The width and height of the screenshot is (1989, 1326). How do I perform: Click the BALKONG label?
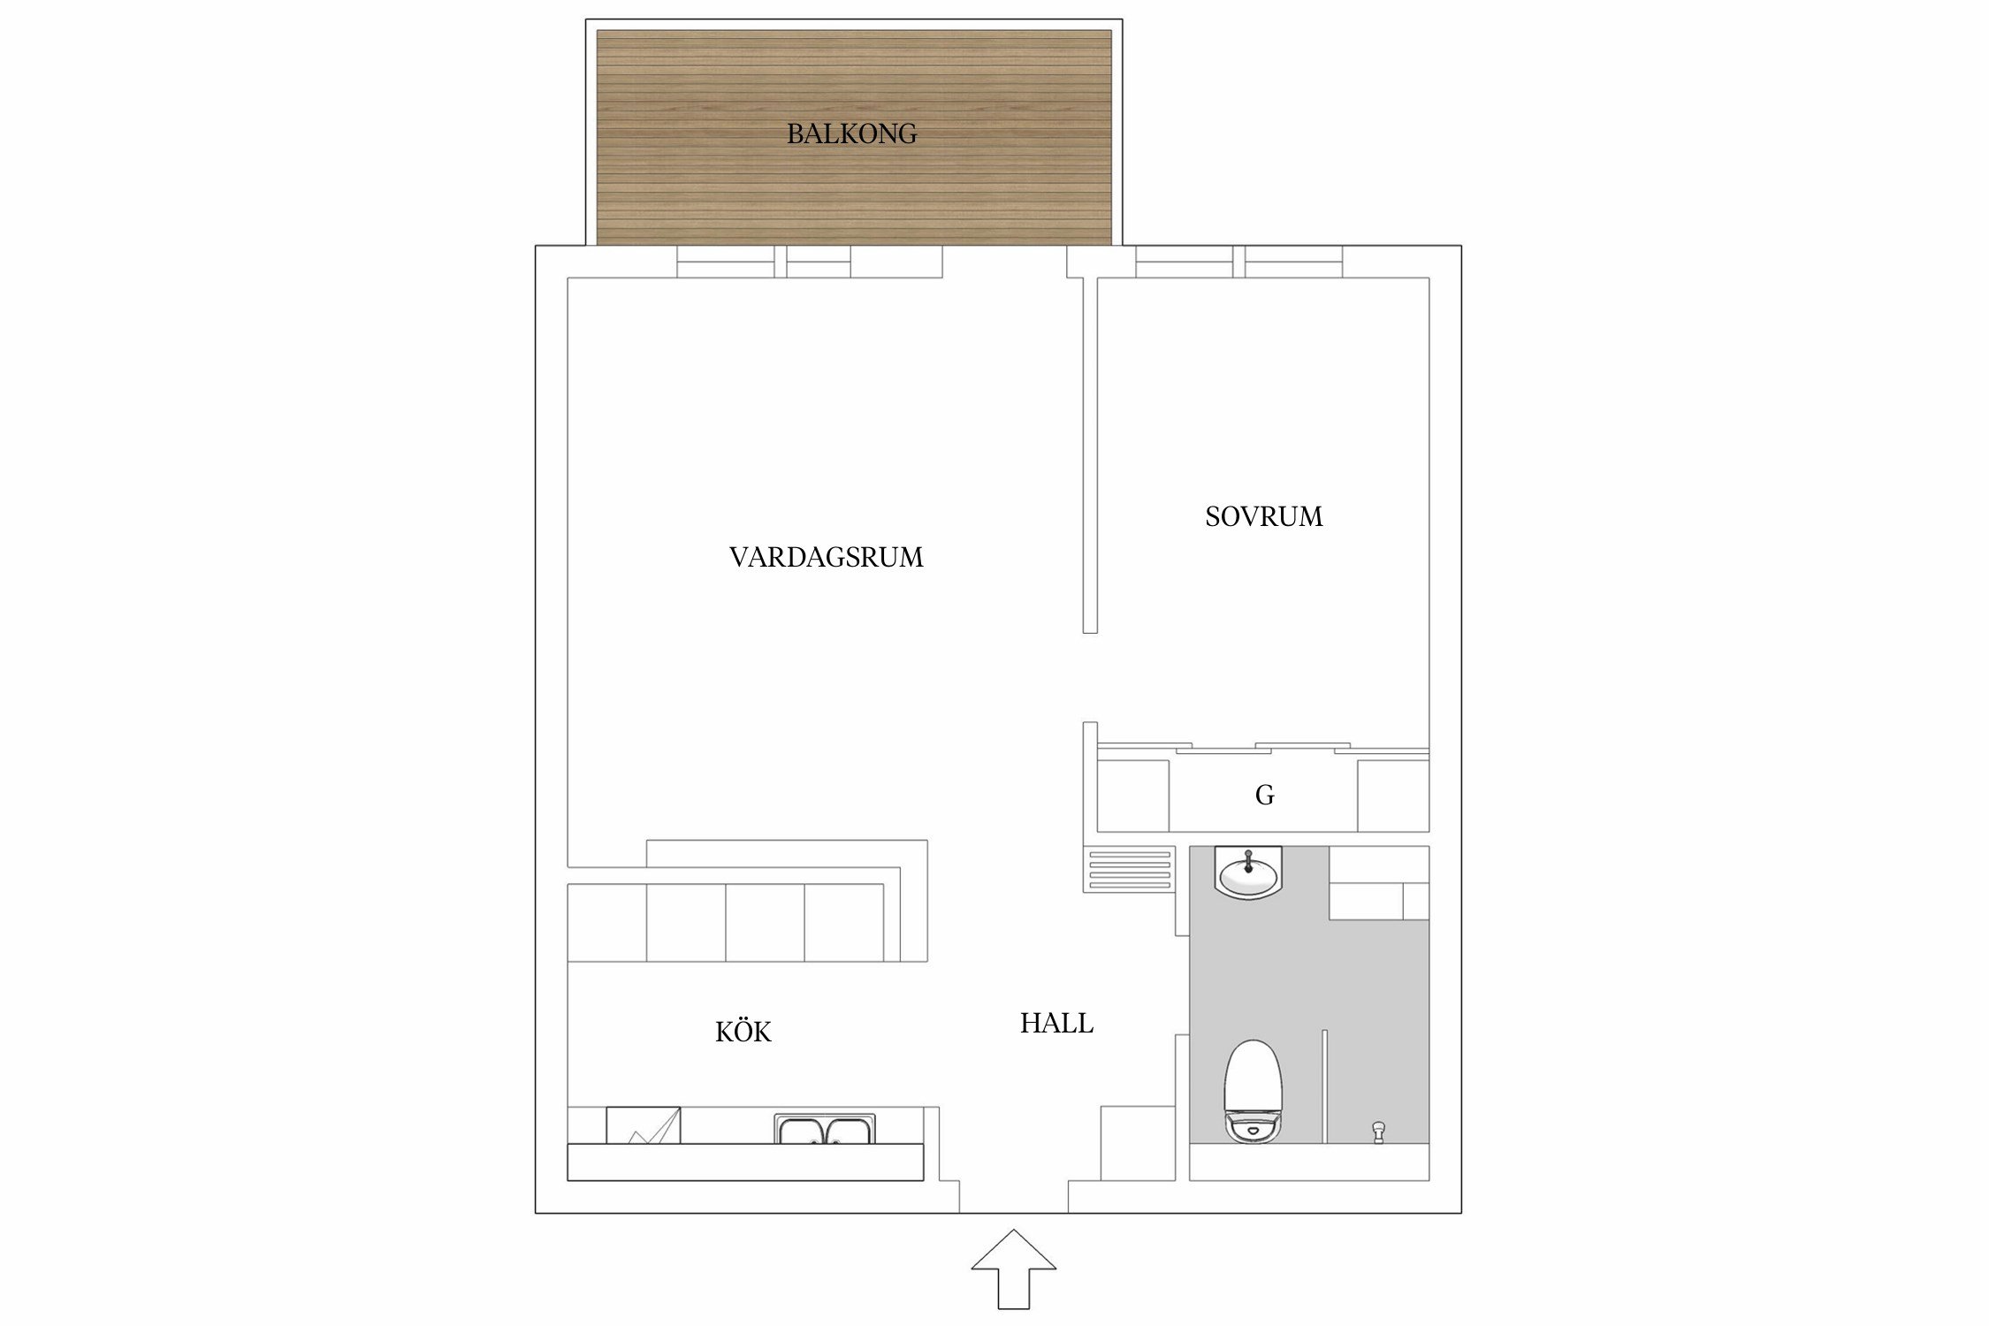[851, 133]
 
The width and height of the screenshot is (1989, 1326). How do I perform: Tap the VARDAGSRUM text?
[826, 557]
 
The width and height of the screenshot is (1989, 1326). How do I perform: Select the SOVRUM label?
[1263, 516]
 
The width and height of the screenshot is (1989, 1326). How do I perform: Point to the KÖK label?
[743, 1032]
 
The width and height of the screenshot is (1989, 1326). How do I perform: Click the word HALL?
[1056, 1023]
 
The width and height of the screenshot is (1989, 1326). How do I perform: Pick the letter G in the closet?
[1264, 796]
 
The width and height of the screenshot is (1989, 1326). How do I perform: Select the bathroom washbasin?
[1247, 873]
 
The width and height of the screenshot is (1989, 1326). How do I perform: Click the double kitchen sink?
[825, 1130]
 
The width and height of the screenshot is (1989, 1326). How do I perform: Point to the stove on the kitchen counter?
[643, 1125]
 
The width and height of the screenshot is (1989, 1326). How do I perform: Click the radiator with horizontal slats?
[1129, 869]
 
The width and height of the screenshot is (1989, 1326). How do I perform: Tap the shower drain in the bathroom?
[1377, 1131]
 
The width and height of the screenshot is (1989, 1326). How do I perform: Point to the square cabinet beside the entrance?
[1137, 1142]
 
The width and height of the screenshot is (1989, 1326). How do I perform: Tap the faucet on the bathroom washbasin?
[1247, 860]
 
